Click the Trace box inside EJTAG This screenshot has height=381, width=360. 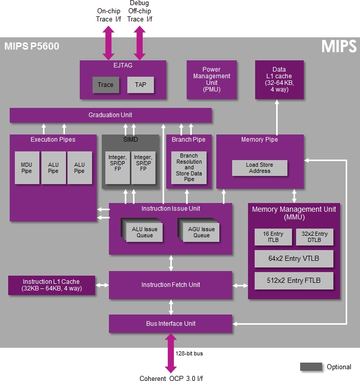(x=106, y=85)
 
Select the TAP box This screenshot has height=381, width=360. (x=141, y=85)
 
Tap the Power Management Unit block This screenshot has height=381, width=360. (x=212, y=80)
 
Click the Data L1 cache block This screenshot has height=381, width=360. (x=279, y=80)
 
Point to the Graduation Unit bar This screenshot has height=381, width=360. (x=110, y=115)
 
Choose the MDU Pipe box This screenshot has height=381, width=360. (x=27, y=168)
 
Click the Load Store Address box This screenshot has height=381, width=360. (x=260, y=168)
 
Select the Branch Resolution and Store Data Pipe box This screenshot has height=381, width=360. (x=189, y=168)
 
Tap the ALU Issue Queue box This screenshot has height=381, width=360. (x=144, y=232)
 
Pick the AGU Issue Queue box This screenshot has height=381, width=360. (x=201, y=232)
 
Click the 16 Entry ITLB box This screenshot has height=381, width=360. (x=273, y=237)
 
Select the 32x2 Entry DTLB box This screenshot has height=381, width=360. (x=314, y=237)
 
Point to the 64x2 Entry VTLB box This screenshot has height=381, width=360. (x=294, y=259)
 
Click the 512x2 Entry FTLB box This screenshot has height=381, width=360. (x=294, y=281)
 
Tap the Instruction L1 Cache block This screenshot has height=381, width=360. (x=52, y=285)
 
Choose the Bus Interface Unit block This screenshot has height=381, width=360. (x=170, y=324)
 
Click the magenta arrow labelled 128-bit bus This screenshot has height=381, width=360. (x=171, y=353)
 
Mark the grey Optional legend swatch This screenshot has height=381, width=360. (x=311, y=367)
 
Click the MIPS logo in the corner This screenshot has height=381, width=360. (x=339, y=46)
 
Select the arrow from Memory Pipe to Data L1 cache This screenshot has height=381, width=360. (x=277, y=117)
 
